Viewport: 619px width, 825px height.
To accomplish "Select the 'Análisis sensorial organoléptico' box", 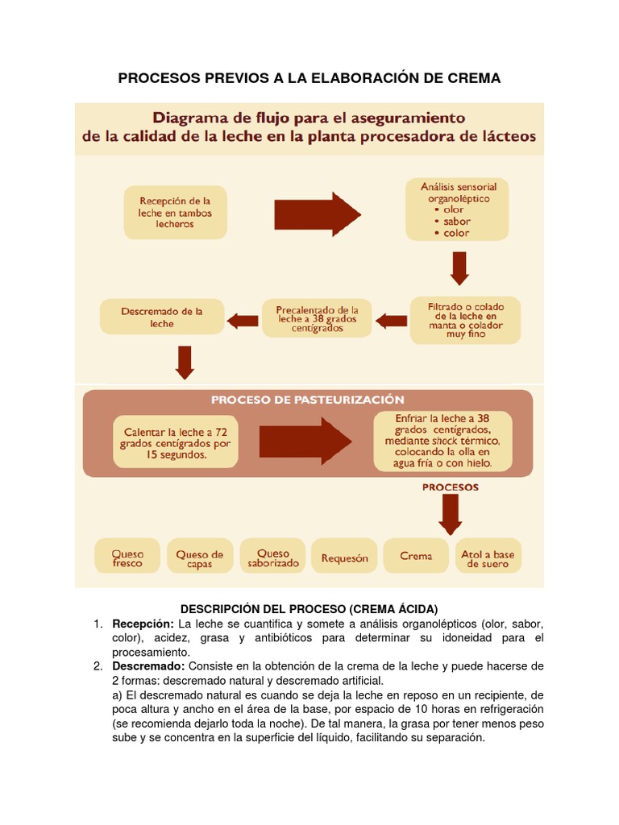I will (457, 209).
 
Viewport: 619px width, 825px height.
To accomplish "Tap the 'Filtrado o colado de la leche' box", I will (465, 321).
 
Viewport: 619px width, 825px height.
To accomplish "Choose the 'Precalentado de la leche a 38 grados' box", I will (318, 317).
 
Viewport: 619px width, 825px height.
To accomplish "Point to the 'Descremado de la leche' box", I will (162, 317).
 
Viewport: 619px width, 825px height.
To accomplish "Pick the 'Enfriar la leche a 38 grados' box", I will (442, 441).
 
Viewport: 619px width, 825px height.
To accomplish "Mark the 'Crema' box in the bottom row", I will (416, 556).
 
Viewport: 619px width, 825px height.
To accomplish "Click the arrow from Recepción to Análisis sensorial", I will (317, 214).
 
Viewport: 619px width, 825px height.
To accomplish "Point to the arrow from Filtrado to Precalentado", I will (392, 321).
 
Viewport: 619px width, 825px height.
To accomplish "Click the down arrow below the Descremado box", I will (185, 362).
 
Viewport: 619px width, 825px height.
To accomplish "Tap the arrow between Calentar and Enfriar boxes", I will (305, 442).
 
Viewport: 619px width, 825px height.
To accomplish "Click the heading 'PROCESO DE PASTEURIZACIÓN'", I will (308, 400).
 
